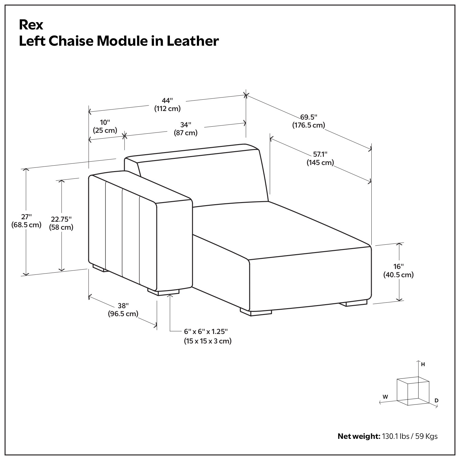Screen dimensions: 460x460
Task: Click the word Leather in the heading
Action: pos(193,41)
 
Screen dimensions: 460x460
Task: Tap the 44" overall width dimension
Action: pos(167,101)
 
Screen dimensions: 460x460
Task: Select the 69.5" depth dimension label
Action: pos(309,117)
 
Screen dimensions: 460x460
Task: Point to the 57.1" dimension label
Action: pos(320,154)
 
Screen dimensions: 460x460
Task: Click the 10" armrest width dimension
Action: pos(105,123)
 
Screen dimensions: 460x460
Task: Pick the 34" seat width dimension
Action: pos(186,125)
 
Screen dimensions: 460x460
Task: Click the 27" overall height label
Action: pos(26,217)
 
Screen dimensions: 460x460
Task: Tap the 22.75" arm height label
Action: pos(61,219)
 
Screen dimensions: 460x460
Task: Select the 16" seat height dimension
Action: pos(398,266)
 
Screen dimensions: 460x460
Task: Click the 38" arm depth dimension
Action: pos(123,306)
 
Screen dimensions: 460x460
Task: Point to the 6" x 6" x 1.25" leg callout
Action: pos(206,332)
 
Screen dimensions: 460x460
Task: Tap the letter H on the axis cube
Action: pos(423,364)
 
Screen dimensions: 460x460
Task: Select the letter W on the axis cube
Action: pos(385,397)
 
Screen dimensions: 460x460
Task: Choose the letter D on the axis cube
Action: pos(436,401)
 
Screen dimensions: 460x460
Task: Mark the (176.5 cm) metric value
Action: pos(309,125)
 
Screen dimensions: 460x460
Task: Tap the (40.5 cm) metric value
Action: pos(398,275)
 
